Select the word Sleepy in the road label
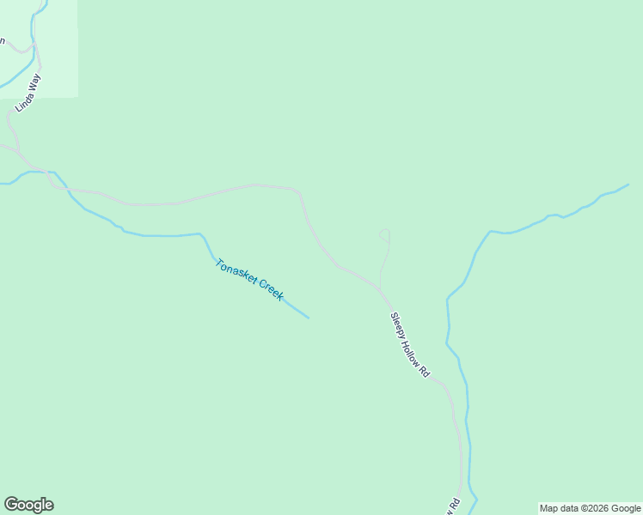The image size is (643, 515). (398, 325)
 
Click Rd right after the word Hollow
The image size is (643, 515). (424, 373)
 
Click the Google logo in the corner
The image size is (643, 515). (28, 505)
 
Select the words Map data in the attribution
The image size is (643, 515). (558, 509)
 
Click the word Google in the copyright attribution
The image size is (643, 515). (627, 509)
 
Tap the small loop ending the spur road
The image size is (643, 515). (385, 234)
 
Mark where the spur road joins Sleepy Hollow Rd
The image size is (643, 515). (379, 288)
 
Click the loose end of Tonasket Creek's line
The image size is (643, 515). (308, 318)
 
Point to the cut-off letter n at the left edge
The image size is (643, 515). (3, 40)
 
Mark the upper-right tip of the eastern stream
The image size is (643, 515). (628, 185)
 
